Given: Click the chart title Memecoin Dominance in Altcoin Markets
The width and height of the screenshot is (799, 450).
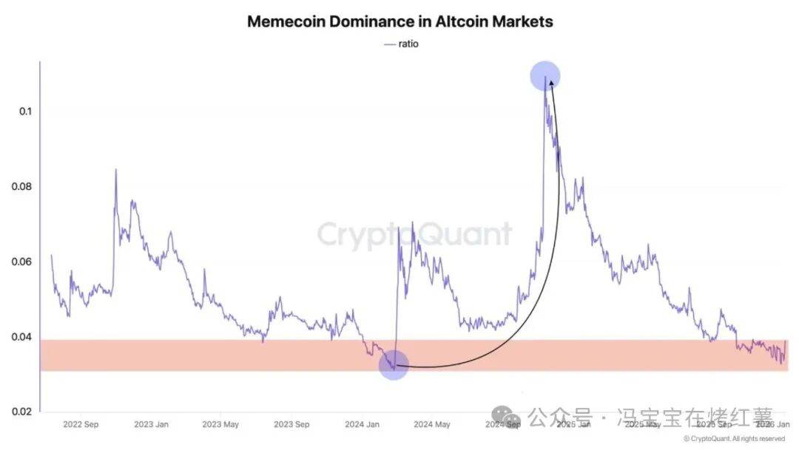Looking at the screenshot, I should click(x=399, y=21).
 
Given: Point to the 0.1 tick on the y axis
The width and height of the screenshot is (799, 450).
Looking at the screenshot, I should click(x=25, y=111).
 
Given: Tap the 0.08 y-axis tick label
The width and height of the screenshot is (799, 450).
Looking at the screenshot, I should click(x=22, y=186).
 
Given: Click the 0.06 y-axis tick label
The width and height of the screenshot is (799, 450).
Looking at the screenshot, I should click(x=22, y=262).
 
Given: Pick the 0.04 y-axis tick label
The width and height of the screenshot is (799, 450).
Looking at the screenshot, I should click(x=22, y=337).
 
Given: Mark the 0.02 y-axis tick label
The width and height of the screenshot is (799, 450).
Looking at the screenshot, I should click(x=22, y=412).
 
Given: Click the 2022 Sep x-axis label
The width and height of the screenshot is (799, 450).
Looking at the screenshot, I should click(x=81, y=424).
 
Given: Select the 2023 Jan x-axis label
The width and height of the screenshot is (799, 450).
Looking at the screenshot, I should click(x=151, y=424).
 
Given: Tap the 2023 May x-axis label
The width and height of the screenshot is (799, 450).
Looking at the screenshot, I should click(x=220, y=424).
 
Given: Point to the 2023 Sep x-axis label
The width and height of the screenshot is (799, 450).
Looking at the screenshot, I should click(x=291, y=424).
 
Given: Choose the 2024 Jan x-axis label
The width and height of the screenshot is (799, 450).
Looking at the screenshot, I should click(x=362, y=424).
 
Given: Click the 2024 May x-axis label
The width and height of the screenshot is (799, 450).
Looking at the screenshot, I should click(x=431, y=424).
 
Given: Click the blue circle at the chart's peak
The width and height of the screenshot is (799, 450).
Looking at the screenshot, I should click(x=545, y=75).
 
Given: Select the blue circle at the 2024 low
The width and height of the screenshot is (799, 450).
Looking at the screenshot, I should click(x=394, y=365).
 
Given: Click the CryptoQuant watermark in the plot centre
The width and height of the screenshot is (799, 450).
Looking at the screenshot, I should click(x=414, y=234).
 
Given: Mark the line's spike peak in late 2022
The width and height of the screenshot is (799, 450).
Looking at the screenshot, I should click(x=115, y=170).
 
